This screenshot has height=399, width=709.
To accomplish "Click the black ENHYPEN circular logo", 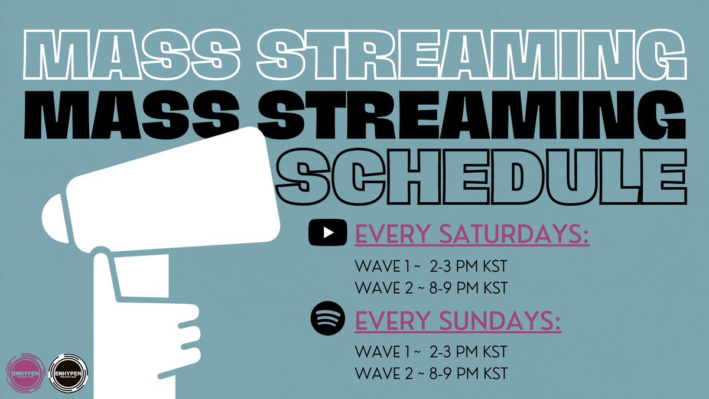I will pos(68,372).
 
